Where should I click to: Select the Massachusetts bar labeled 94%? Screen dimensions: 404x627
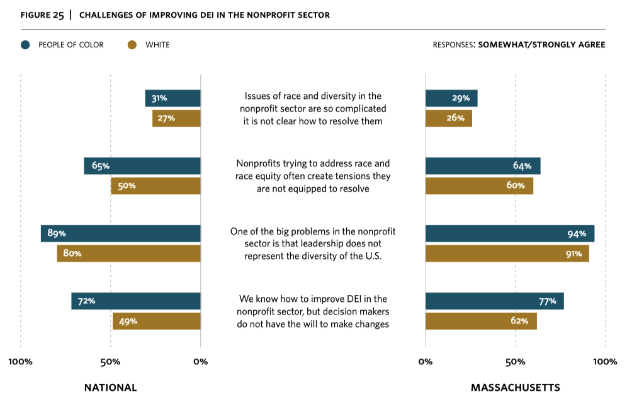[x=510, y=233]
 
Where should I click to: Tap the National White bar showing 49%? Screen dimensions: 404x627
[x=157, y=321]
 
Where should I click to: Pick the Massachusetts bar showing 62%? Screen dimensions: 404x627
[x=481, y=321]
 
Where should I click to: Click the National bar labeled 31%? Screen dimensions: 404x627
[x=173, y=98]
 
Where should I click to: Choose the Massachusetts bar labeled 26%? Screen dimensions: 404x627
[x=449, y=118]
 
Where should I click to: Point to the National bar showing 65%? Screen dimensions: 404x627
[x=142, y=166]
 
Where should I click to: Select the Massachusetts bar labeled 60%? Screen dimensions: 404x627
[x=479, y=186]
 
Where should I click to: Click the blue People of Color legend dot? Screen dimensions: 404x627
[x=26, y=45]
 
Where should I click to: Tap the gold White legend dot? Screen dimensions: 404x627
[x=132, y=45]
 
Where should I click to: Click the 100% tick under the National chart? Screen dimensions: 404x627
[x=21, y=362]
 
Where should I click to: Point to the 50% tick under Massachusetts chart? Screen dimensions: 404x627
[x=516, y=362]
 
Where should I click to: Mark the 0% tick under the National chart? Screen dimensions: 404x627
[x=200, y=362]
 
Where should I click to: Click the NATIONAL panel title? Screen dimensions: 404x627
[x=110, y=388]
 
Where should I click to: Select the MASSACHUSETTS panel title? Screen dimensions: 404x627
[x=515, y=388]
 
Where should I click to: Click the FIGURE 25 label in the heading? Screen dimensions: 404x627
[x=42, y=15]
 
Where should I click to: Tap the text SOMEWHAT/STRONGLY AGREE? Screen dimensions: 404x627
[x=541, y=45]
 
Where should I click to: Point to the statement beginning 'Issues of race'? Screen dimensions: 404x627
[x=313, y=108]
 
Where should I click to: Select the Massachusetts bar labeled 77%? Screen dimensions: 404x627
[x=495, y=301]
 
